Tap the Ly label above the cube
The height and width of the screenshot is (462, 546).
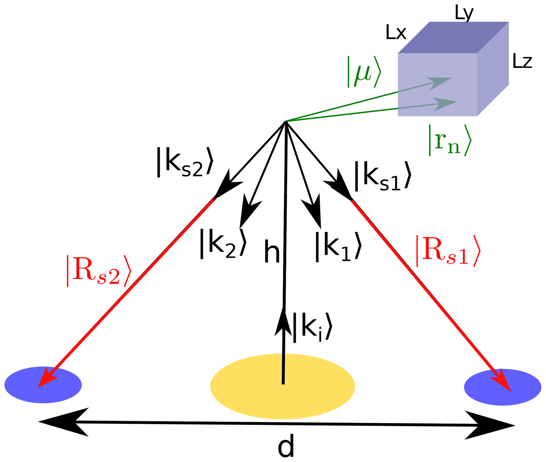[464, 13]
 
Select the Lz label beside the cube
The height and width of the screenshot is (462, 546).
[522, 61]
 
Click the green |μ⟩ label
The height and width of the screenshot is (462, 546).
[364, 72]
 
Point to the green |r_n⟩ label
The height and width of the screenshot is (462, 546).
[450, 140]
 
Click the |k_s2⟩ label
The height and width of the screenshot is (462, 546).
[184, 162]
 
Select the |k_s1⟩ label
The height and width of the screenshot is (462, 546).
[382, 176]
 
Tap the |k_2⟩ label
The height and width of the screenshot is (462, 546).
[223, 244]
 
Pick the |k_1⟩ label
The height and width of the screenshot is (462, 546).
[338, 247]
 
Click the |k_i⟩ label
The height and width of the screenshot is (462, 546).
[312, 327]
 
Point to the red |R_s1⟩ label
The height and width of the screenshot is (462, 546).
[448, 251]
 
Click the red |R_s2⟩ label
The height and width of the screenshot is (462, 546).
[99, 271]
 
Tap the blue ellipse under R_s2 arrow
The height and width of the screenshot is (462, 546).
[43, 385]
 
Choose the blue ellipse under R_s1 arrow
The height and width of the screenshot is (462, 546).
[502, 387]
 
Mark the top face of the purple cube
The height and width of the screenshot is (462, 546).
[453, 37]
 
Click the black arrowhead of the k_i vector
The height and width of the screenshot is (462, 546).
[283, 323]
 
